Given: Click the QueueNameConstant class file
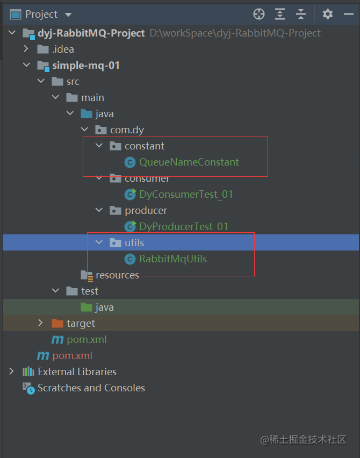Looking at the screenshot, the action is (x=189, y=162).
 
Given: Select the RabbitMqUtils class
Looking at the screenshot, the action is (x=173, y=259).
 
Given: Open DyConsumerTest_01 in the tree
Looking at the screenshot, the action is (x=186, y=194).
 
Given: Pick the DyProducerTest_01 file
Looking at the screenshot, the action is (x=184, y=226).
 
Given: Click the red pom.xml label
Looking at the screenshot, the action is (x=73, y=355).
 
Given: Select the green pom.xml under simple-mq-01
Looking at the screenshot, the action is (x=87, y=339).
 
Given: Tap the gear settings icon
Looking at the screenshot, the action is (x=328, y=14).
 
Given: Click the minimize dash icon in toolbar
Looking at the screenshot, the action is (x=349, y=14).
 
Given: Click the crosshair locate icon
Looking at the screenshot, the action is (x=259, y=14).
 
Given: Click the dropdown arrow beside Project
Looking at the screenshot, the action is (x=68, y=15).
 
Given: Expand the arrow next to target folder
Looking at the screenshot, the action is (x=41, y=323).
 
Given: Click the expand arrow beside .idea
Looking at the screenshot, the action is (x=26, y=48).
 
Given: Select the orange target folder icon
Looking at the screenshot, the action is (x=57, y=324).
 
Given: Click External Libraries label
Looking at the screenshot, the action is (x=77, y=371).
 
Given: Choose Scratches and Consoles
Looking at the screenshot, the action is (x=91, y=388).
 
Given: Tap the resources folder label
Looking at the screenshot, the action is (x=117, y=275).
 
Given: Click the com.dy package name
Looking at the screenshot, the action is (x=127, y=130).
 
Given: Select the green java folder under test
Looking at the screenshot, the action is (x=87, y=307).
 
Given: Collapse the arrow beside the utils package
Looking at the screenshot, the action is (x=99, y=242).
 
